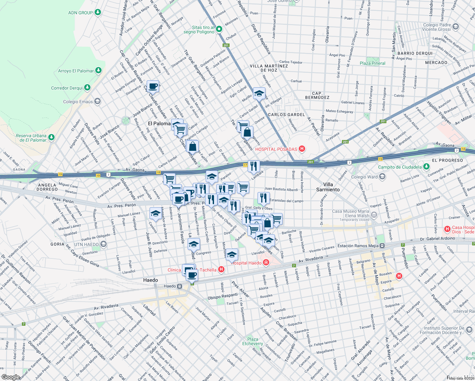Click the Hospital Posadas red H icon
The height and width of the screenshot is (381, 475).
302,149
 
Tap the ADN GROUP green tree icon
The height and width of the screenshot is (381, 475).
98,12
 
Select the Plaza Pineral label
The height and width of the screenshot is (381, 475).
372,63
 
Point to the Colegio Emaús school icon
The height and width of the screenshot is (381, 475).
98,101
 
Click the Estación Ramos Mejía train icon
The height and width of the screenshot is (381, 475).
382,246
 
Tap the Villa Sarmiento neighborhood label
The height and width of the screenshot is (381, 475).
328,187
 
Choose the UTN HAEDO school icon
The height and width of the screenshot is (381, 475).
104,244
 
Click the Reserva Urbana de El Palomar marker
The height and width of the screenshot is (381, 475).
51,137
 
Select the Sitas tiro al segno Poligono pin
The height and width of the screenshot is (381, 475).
219,30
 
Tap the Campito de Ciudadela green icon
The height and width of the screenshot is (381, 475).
426,167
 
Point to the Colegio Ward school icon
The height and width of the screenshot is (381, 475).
382,177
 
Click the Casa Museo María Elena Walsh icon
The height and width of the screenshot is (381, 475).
374,215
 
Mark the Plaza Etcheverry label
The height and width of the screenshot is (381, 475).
252,341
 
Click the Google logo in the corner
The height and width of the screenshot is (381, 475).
10,377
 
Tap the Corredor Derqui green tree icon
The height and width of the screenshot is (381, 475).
87,87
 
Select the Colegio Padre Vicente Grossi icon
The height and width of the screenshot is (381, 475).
456,26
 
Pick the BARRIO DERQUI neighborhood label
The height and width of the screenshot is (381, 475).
415,53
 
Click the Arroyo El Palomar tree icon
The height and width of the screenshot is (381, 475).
98,70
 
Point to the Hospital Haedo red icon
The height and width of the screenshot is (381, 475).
266,263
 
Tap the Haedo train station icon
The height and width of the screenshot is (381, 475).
180,286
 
